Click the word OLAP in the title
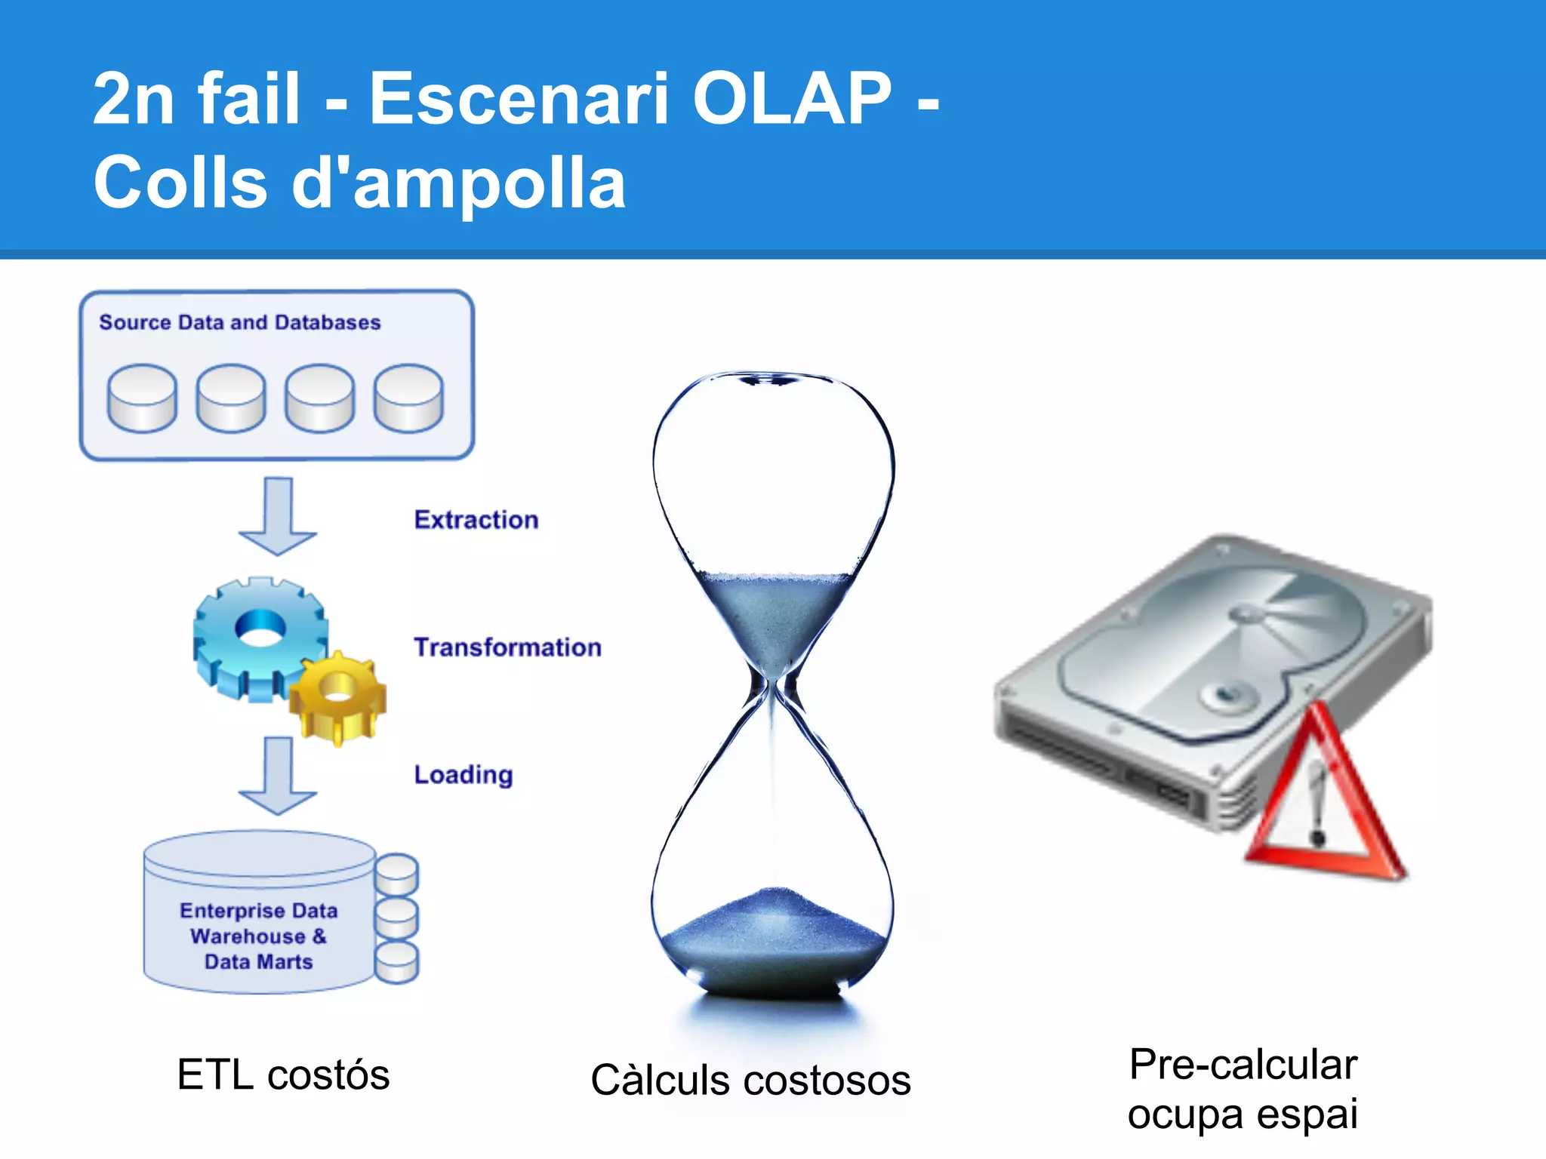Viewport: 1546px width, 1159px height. pos(792,98)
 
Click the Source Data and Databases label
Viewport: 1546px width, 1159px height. pos(239,322)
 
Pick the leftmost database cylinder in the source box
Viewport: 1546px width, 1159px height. pos(142,398)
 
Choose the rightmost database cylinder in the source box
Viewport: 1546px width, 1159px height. pos(408,398)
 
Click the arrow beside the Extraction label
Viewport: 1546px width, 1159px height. pos(278,516)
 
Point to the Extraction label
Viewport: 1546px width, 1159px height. pos(476,520)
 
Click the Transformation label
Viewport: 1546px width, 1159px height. pos(507,647)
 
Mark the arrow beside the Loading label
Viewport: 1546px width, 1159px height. pos(278,776)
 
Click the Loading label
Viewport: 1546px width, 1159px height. pos(463,775)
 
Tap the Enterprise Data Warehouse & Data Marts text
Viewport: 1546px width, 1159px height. pos(258,936)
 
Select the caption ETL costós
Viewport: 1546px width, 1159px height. pos(283,1074)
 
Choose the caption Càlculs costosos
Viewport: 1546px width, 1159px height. pos(750,1080)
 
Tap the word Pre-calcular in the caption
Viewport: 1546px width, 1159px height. pos(1243,1065)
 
